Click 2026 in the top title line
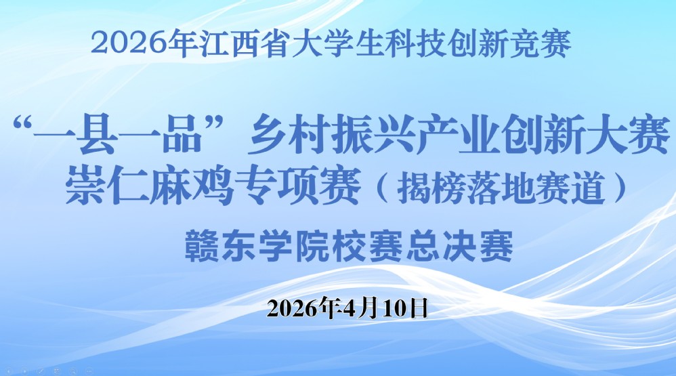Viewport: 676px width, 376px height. [x=128, y=43]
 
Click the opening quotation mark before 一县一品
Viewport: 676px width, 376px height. [x=23, y=125]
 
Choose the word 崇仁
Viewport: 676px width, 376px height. [x=107, y=187]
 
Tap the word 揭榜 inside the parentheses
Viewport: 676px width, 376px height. [x=430, y=188]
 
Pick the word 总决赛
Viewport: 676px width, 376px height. [x=460, y=246]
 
